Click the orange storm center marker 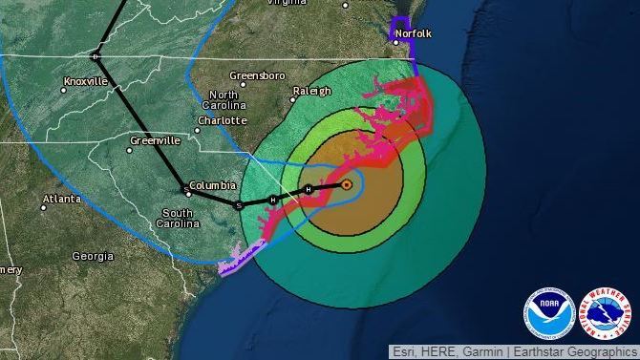pos(347,184)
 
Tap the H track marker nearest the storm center pos(309,190)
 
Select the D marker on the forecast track pos(95,56)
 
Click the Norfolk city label pos(414,34)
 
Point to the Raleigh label pos(311,91)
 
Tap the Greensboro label pos(257,74)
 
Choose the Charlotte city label pos(222,121)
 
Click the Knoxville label pos(87,81)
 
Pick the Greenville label pos(155,139)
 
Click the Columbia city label pos(211,185)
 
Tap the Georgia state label pos(93,256)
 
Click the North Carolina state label pos(224,100)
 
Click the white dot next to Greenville pos(131,150)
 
